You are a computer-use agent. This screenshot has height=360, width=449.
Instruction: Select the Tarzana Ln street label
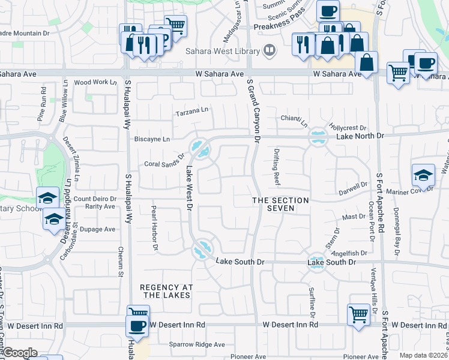(191, 111)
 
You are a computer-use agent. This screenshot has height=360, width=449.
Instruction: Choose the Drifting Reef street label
(277, 166)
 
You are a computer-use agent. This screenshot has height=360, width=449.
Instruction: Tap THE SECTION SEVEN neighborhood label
(280, 204)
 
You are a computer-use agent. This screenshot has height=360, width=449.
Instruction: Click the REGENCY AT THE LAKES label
(166, 291)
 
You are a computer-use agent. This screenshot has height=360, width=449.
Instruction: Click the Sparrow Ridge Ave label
(196, 345)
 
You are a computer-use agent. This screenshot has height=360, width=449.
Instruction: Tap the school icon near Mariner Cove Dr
(423, 175)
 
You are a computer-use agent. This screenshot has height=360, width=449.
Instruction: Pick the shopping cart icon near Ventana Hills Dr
(358, 313)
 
